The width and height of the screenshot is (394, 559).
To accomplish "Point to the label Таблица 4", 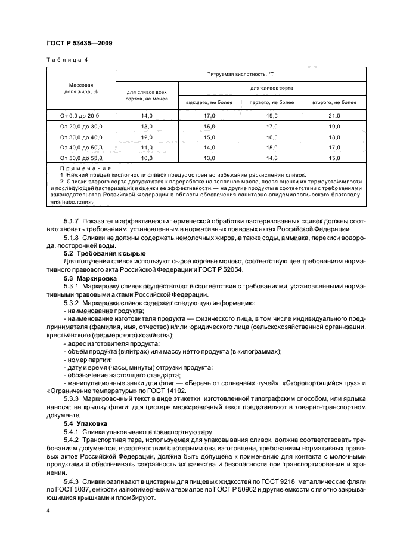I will click(x=67, y=60).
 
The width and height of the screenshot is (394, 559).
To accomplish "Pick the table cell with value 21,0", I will click(x=334, y=116).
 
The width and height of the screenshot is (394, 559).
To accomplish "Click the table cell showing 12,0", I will click(x=147, y=137).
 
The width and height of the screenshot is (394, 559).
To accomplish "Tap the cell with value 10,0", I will click(x=147, y=158).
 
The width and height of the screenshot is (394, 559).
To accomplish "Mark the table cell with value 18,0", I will click(x=334, y=137).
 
